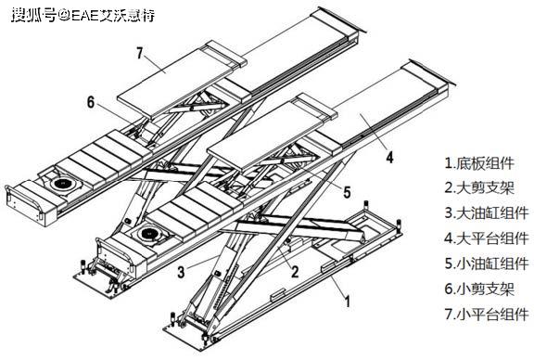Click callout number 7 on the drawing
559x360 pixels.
[x=139, y=53]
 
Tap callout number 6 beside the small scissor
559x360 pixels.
[x=91, y=102]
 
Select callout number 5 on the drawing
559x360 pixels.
[x=347, y=192]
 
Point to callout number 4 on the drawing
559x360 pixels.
[x=390, y=158]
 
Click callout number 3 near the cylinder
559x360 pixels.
[x=182, y=272]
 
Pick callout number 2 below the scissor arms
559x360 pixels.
[x=295, y=272]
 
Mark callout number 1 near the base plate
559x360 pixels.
[x=348, y=302]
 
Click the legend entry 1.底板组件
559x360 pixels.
[x=479, y=163]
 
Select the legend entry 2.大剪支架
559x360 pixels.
[x=479, y=187]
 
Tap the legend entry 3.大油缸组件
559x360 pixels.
[x=487, y=213]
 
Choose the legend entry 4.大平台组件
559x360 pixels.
[x=487, y=238]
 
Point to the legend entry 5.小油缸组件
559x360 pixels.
[x=487, y=264]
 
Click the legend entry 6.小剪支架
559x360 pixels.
[x=479, y=289]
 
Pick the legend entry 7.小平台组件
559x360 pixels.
[x=487, y=314]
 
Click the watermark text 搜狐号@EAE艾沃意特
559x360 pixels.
[x=83, y=16]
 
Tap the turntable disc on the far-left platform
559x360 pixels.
[x=62, y=184]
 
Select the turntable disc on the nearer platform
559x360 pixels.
[x=150, y=234]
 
